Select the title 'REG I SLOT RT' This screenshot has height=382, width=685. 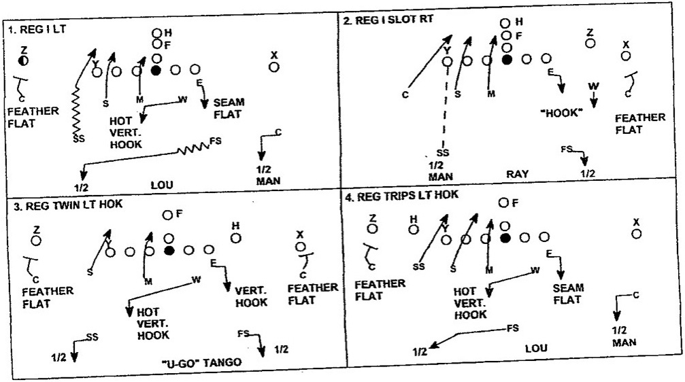coord(388,20)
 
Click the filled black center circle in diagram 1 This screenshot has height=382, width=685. coord(156,70)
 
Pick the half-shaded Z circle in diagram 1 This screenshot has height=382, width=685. coord(24,61)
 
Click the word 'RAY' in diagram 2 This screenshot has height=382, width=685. coord(517,174)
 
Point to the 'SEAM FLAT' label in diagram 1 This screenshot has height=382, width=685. coord(229,108)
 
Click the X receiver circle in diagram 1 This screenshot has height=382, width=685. coord(273,67)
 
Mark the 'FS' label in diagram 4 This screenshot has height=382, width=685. coord(514,328)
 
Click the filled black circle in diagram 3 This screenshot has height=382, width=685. coord(169,251)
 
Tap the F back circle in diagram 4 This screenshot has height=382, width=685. coord(504,203)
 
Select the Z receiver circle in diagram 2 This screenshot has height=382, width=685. coord(590,43)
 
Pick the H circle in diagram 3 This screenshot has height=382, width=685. coord(236,238)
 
